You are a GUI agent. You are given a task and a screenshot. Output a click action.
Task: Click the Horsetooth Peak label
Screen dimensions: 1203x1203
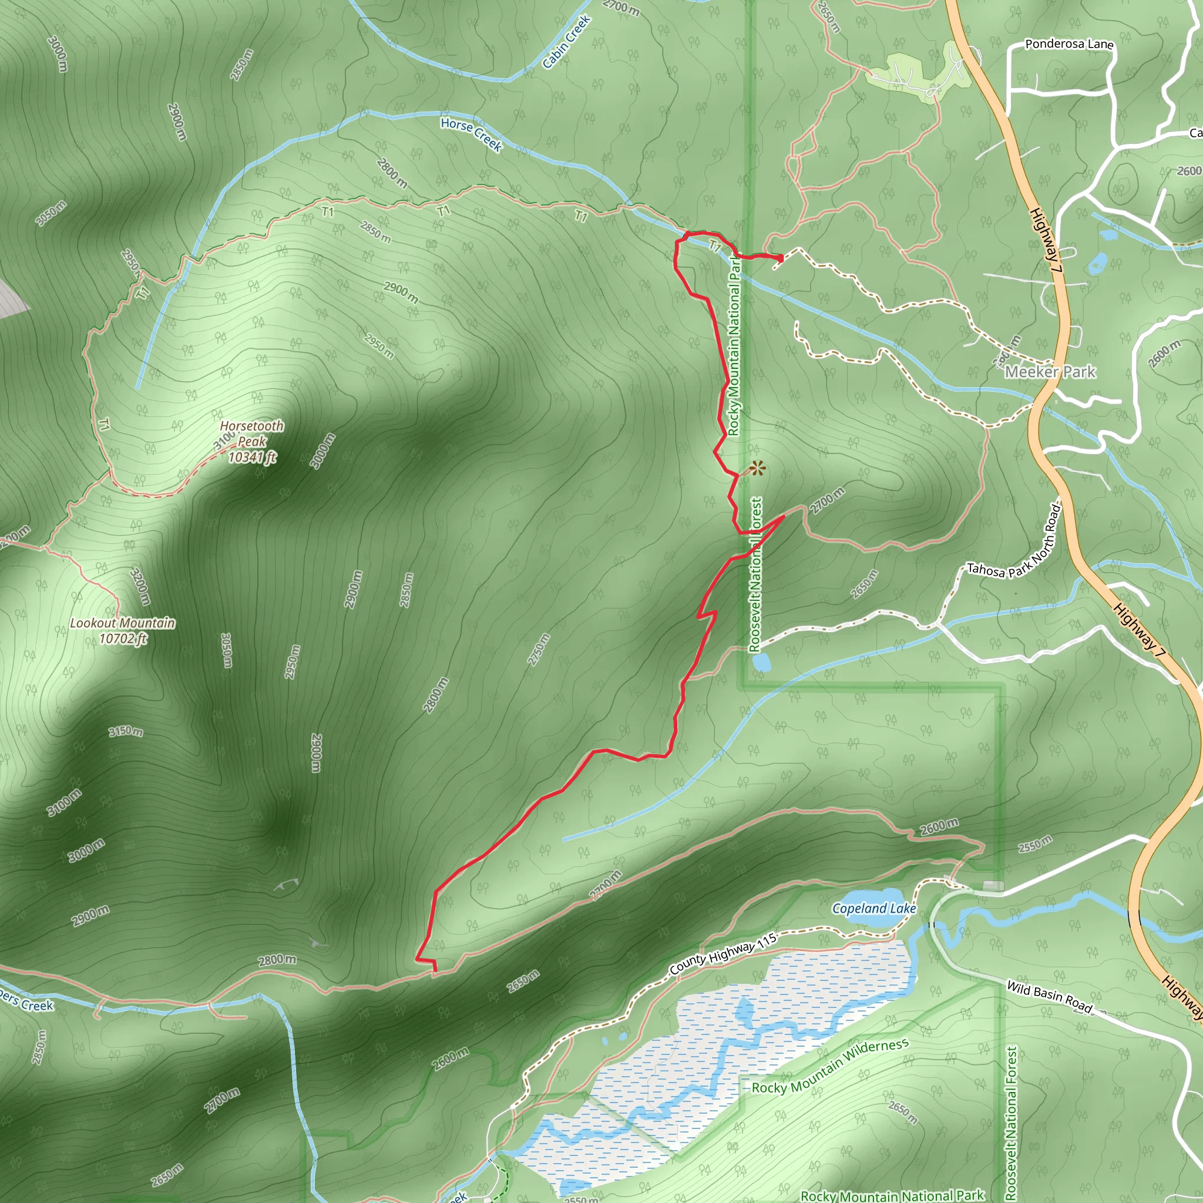[251, 434]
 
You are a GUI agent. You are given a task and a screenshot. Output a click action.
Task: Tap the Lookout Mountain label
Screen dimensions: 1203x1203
[122, 623]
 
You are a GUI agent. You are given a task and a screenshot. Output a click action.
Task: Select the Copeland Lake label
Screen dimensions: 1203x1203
[873, 909]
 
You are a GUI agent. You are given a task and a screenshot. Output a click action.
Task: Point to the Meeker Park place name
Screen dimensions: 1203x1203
[1050, 372]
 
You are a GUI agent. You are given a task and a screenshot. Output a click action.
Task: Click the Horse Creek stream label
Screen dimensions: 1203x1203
[471, 134]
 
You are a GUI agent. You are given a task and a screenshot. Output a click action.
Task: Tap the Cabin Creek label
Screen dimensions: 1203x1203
[566, 42]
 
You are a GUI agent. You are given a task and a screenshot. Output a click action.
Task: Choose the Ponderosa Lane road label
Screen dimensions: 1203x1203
[1069, 44]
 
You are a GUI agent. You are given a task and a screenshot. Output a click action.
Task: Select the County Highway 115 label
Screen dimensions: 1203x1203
[723, 954]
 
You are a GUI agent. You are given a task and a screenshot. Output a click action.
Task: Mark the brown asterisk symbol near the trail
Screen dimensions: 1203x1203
[757, 468]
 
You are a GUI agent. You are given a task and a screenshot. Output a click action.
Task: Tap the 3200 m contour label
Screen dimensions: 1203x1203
[141, 586]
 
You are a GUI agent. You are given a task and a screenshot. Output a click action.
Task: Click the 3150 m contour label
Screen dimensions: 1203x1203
[126, 731]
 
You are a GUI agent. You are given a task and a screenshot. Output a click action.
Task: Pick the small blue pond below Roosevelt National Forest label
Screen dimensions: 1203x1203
[760, 662]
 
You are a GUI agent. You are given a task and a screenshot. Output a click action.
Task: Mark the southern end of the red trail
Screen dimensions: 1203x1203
[434, 969]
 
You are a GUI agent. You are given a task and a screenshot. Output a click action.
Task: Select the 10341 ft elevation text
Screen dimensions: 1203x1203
[251, 458]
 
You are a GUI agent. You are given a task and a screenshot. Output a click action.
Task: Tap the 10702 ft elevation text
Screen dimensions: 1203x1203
[123, 639]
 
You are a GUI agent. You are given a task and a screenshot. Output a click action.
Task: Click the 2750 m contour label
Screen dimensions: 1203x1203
[539, 650]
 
